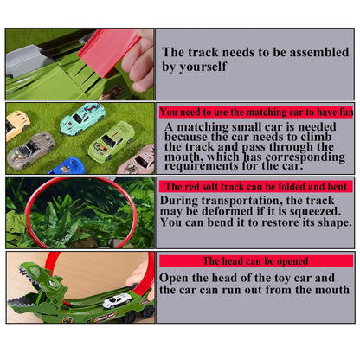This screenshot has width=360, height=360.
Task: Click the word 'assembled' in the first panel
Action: click(319, 53)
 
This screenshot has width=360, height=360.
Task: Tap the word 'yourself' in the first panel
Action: click(203, 67)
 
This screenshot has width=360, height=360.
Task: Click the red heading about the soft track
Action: click(256, 187)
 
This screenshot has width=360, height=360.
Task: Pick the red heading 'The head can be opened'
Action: click(256, 261)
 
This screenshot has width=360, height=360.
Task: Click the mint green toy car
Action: click(82, 119)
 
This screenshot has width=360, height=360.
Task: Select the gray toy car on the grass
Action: click(31, 150)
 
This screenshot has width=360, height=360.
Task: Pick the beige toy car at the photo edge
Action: click(16, 125)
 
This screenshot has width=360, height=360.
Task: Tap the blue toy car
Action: click(67, 165)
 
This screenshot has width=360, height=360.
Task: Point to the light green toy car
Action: click(112, 140)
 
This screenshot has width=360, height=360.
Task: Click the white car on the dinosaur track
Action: click(117, 300)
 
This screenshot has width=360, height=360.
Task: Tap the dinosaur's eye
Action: click(52, 283)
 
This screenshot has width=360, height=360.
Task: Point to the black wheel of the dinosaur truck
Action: click(147, 312)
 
